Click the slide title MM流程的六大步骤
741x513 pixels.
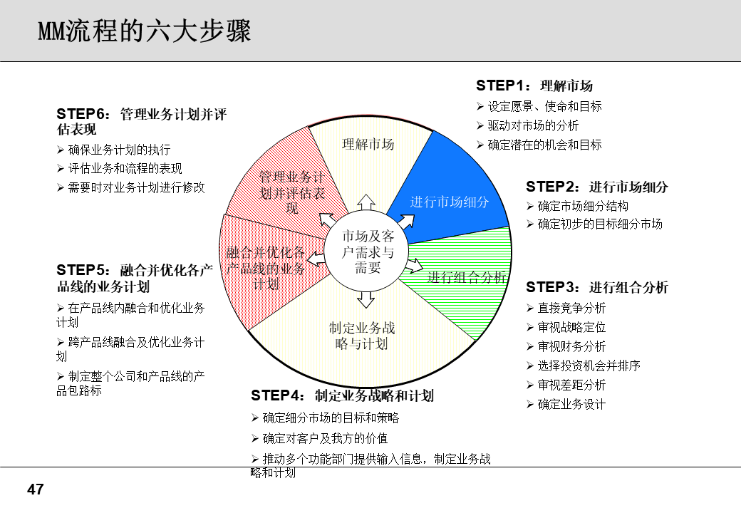click(x=144, y=31)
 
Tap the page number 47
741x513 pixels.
click(x=36, y=489)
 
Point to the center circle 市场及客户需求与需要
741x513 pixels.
click(x=368, y=252)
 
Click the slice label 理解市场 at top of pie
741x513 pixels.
click(x=368, y=144)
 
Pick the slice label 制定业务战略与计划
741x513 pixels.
click(x=362, y=336)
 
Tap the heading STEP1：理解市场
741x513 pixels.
click(x=534, y=86)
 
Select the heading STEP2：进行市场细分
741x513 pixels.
click(x=597, y=187)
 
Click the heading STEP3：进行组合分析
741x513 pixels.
click(x=597, y=288)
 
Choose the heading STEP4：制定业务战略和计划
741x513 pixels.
click(x=342, y=396)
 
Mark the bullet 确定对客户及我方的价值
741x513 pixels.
click(x=325, y=438)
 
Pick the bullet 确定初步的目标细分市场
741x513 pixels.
click(x=600, y=224)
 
